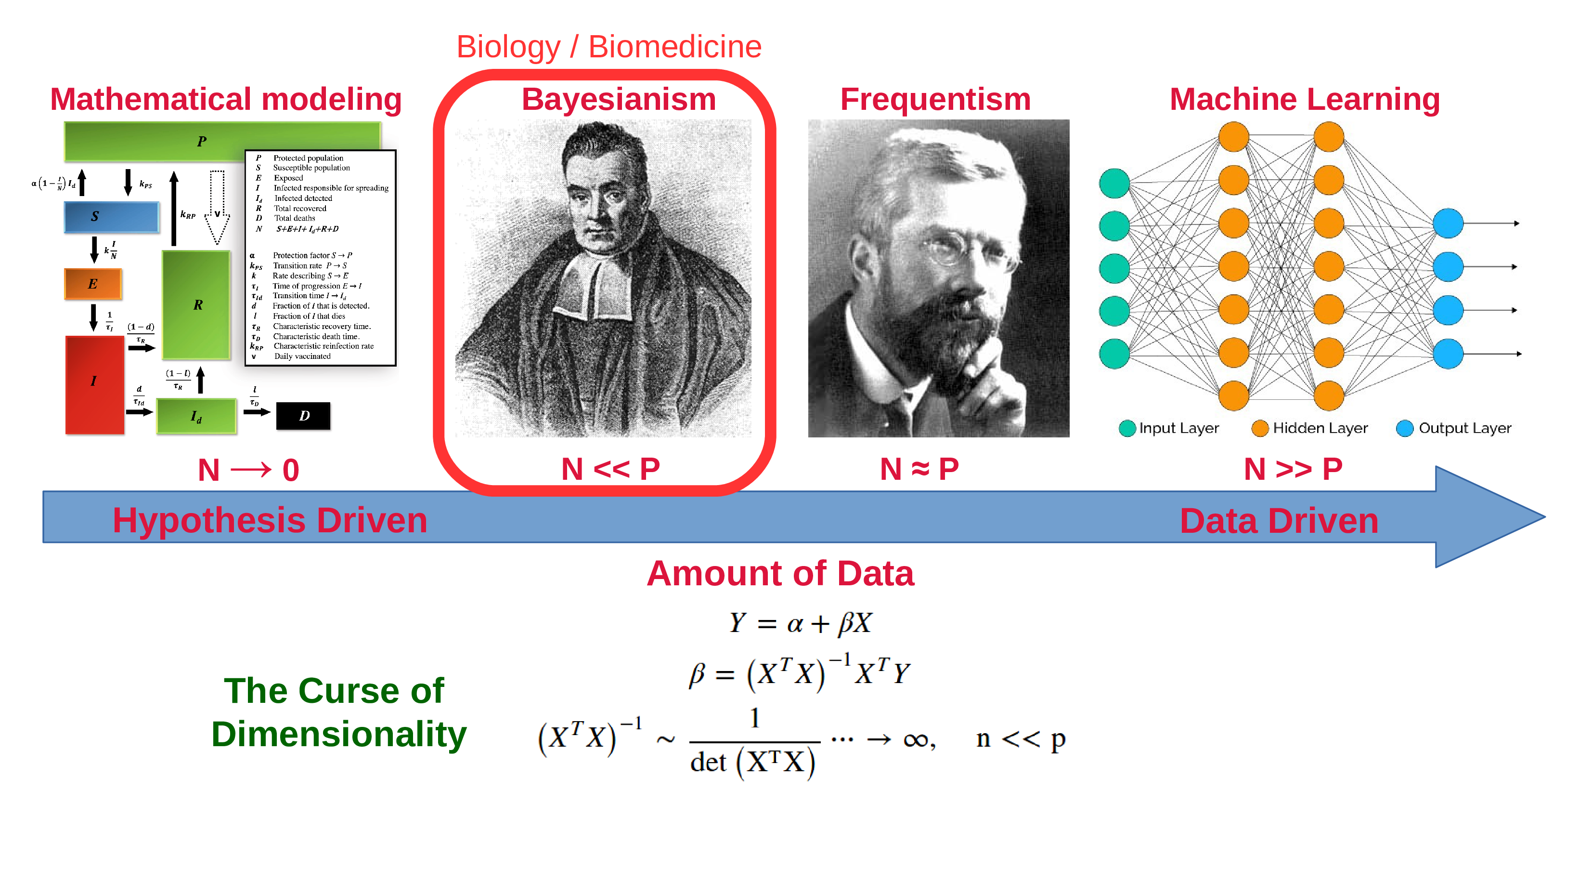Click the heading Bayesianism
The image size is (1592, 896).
619,100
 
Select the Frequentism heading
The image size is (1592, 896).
935,100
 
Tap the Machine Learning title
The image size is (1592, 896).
1305,100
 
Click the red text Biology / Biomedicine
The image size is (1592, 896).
609,47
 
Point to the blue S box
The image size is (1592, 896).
112,216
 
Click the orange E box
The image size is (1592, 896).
93,284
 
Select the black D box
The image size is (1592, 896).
303,416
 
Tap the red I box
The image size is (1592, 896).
94,384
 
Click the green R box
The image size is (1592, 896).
196,304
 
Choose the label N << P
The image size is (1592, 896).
610,469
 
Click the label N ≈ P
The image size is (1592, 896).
919,469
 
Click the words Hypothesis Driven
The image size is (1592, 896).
270,521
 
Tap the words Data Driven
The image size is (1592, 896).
1279,521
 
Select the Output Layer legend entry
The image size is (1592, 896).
1453,428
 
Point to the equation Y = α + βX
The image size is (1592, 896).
800,623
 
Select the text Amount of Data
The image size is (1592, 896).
780,573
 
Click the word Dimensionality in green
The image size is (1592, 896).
339,735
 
